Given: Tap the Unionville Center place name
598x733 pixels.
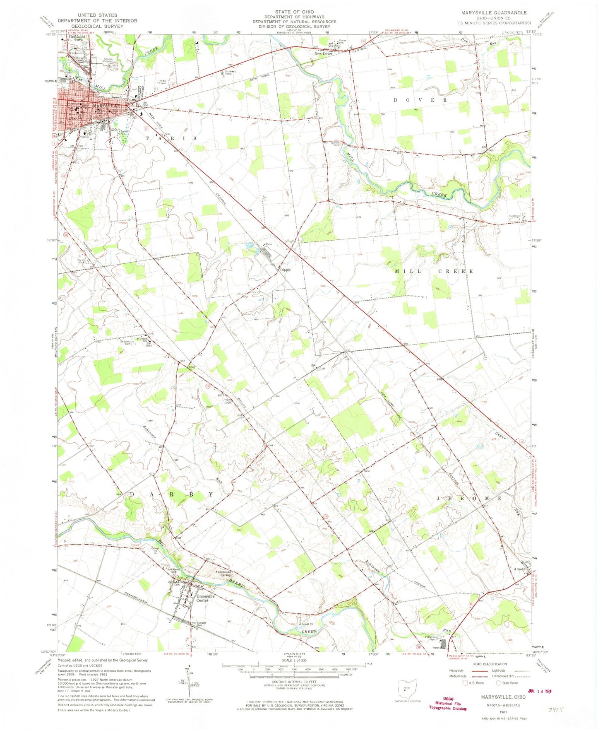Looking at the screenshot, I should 205,598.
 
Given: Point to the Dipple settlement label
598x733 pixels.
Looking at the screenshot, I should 285,270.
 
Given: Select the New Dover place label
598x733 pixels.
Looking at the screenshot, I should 323,54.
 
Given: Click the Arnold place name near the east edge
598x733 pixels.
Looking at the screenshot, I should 519,569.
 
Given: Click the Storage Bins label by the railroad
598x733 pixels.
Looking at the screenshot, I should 201,624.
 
